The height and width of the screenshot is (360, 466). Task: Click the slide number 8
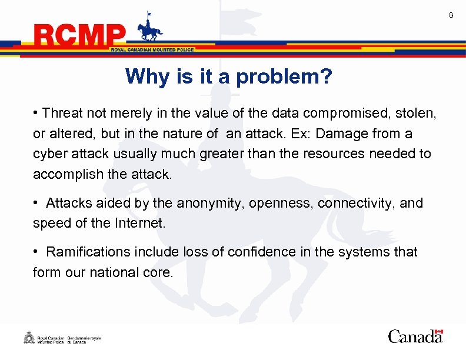click(451, 15)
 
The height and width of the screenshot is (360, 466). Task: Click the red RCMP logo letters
click(80, 36)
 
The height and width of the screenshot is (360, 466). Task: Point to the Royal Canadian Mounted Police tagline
click(152, 50)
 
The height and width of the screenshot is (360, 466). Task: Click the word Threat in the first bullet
click(62, 112)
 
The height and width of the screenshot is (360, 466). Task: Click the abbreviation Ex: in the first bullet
click(302, 134)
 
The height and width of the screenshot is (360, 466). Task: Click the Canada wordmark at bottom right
click(415, 336)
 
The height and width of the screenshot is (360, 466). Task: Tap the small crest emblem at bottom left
click(28, 338)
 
